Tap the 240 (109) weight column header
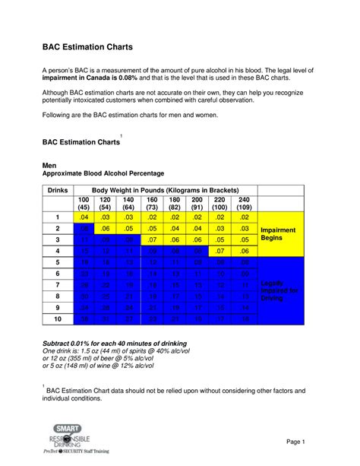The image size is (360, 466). (x=244, y=203)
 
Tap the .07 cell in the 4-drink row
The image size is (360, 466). (x=220, y=251)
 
